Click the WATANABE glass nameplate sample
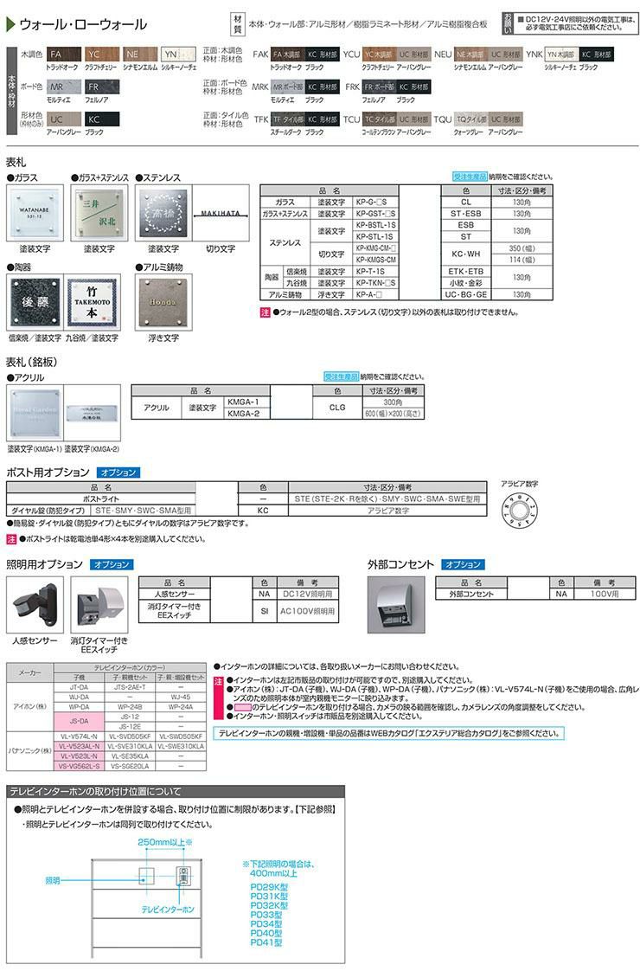pos(35,213)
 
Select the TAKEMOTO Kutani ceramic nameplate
pos(98,304)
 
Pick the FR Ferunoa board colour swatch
pos(96,88)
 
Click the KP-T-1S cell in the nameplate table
pos(375,271)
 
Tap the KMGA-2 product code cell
pos(249,414)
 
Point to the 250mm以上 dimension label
pos(164,841)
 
